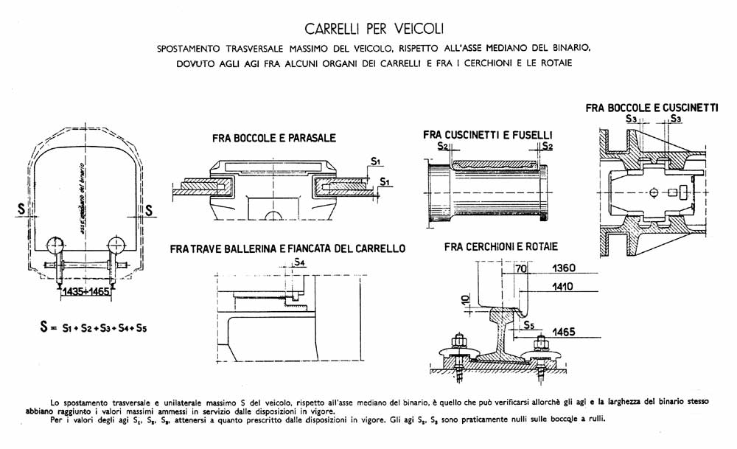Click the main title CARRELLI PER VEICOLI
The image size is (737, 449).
[x=374, y=29]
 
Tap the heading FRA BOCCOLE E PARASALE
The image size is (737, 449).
[x=274, y=138]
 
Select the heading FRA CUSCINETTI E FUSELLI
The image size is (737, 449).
[x=487, y=135]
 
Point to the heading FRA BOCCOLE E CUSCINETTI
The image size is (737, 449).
[x=652, y=108]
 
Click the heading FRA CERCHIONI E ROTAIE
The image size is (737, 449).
[x=500, y=246]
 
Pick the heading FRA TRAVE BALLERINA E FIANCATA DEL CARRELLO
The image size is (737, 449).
[x=287, y=248]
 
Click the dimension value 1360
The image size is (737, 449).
[x=564, y=268]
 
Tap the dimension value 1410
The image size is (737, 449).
[x=562, y=286]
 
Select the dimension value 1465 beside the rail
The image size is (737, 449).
[x=564, y=332]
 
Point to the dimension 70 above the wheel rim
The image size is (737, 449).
[x=521, y=268]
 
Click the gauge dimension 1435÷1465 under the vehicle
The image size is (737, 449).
[x=85, y=291]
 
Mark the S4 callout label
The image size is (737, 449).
[x=299, y=262]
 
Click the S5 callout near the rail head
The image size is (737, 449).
[x=528, y=325]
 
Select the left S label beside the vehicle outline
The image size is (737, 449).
[x=21, y=208]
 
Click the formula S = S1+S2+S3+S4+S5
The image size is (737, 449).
[x=93, y=327]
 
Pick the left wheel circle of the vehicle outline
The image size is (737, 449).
[x=55, y=246]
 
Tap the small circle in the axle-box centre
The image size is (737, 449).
[x=654, y=192]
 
